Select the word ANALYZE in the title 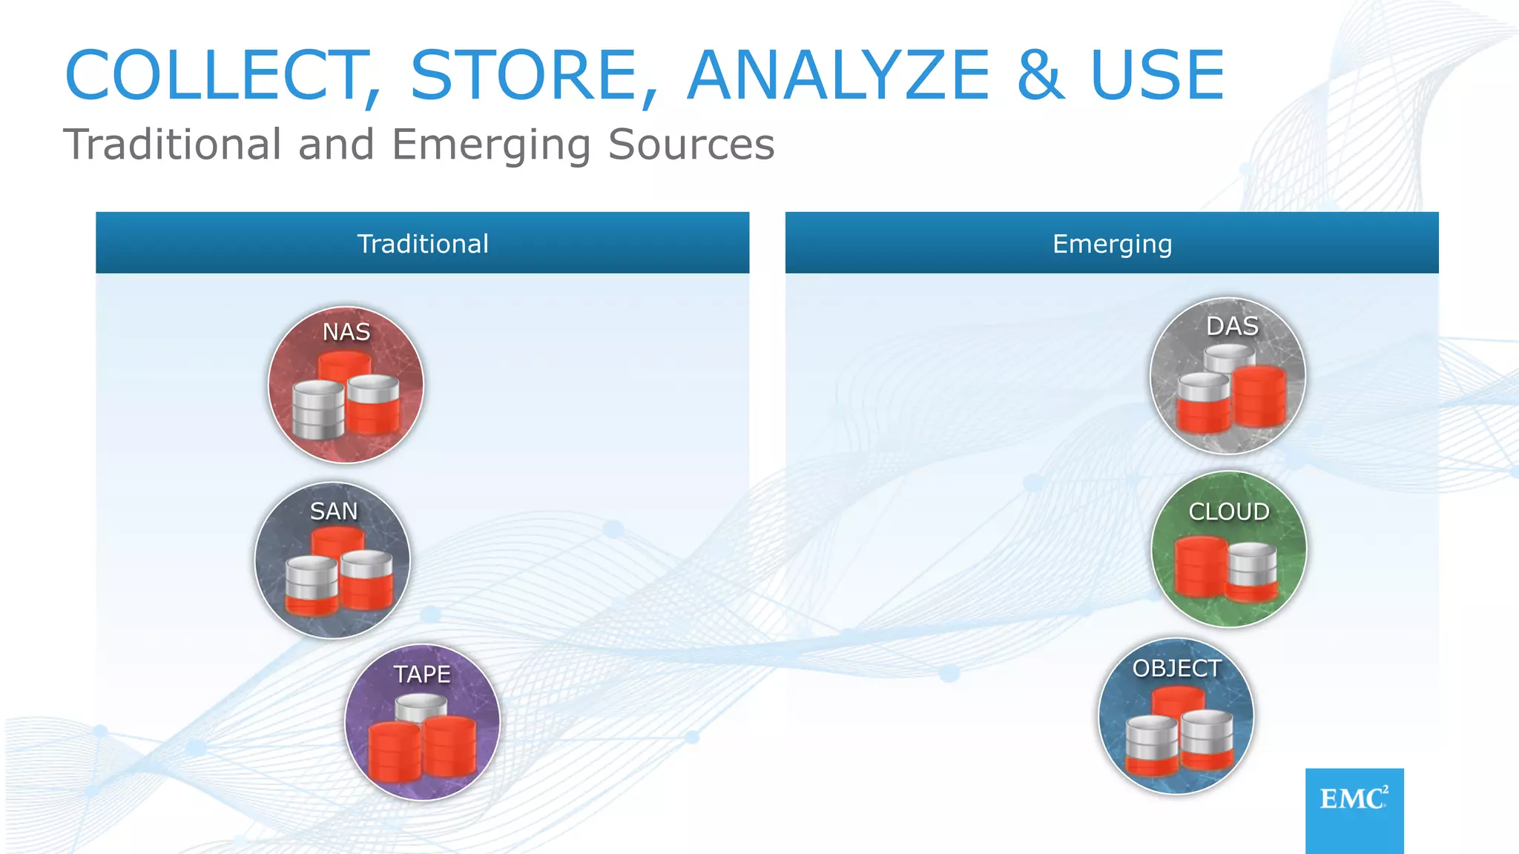click(838, 75)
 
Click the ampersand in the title click(1040, 75)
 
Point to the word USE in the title click(1157, 75)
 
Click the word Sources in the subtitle click(691, 144)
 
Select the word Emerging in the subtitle click(490, 145)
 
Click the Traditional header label click(423, 244)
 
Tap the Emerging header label click(1112, 244)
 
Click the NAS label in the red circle click(346, 331)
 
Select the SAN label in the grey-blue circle click(334, 511)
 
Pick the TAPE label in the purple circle click(422, 674)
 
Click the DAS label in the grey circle click(1232, 326)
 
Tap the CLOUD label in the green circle click(1229, 512)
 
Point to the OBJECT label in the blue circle click(1176, 668)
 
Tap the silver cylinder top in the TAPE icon click(421, 704)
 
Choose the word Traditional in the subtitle click(172, 144)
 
